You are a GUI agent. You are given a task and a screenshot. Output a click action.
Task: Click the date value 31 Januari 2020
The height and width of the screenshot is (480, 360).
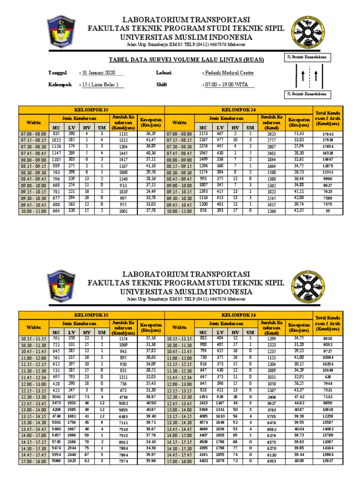coord(98,73)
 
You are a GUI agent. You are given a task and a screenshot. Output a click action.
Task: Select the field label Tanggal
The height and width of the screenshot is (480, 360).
coord(58,73)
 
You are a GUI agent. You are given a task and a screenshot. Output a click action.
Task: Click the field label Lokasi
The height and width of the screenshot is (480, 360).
coord(164,73)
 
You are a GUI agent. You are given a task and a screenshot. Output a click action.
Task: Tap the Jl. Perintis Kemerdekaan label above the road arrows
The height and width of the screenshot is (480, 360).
coord(307,57)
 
